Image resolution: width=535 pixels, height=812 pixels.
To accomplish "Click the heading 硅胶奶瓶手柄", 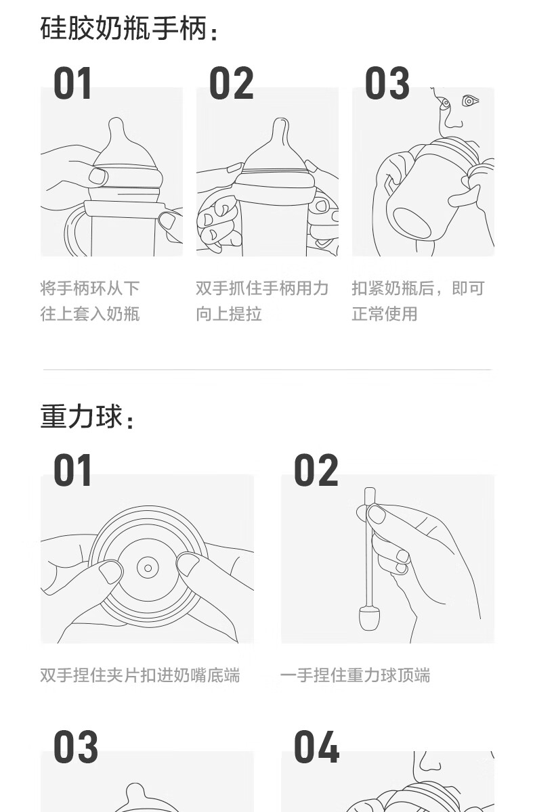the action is pyautogui.click(x=123, y=28).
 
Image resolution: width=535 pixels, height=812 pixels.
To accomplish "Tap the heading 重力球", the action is pyautogui.click(x=81, y=415).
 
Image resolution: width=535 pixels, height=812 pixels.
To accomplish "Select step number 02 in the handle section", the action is pyautogui.click(x=231, y=83).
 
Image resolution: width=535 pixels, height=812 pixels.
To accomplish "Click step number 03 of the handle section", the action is pyautogui.click(x=387, y=83).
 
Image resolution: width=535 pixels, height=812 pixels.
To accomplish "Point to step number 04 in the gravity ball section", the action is pyautogui.click(x=316, y=747).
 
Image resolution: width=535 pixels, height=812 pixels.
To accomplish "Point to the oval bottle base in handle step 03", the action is pyautogui.click(x=412, y=223).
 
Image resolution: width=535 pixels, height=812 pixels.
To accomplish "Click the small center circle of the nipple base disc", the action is pyautogui.click(x=148, y=568).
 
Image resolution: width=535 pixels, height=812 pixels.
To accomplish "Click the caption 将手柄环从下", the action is pyautogui.click(x=90, y=288).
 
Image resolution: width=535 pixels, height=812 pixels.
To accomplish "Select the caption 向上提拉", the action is pyautogui.click(x=229, y=313).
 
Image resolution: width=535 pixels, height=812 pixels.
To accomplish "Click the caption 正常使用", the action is pyautogui.click(x=385, y=313).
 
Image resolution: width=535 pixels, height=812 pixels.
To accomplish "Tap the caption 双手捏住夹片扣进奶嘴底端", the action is pyautogui.click(x=140, y=675).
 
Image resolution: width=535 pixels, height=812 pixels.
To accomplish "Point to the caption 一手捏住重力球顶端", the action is pyautogui.click(x=355, y=675).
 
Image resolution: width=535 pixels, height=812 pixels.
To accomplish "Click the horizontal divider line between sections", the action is pyautogui.click(x=267, y=369).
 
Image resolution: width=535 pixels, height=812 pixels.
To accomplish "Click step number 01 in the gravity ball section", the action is pyautogui.click(x=72, y=470).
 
